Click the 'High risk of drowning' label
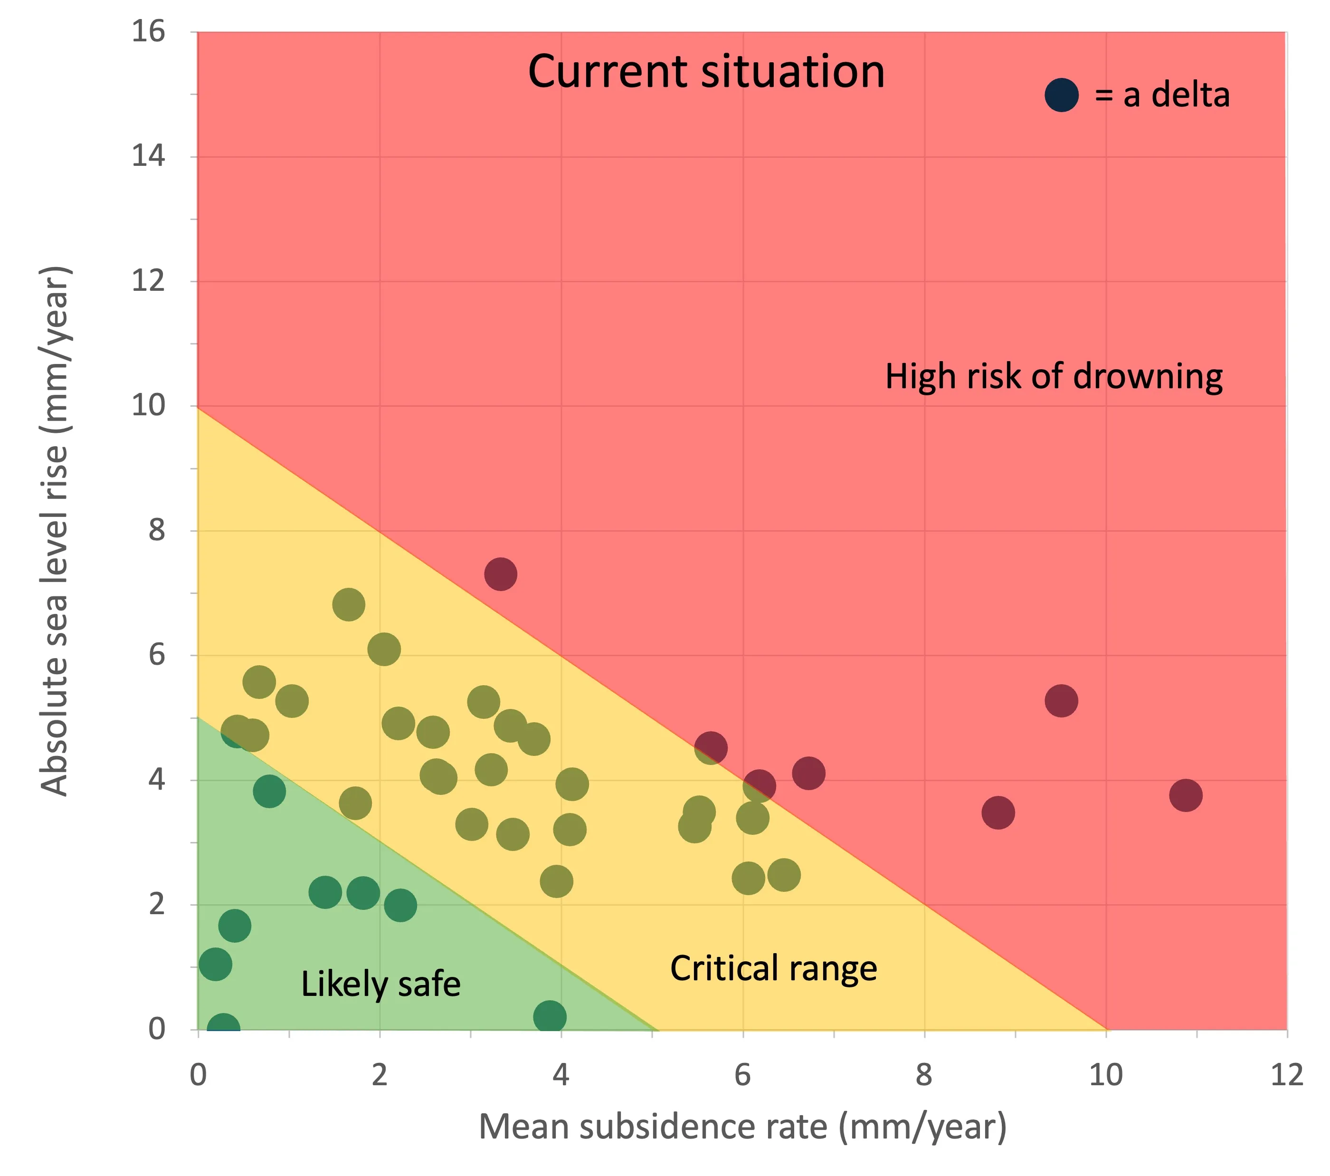click(1054, 377)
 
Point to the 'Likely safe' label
click(380, 984)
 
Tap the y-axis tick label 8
click(157, 530)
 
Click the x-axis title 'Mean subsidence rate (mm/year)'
click(742, 1127)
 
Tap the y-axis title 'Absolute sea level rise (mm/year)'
click(55, 530)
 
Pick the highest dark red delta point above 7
click(500, 574)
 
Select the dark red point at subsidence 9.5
click(1061, 701)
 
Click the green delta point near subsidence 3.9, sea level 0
click(550, 1016)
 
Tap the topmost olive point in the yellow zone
click(349, 604)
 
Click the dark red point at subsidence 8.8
click(997, 812)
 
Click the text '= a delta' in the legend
click(1162, 95)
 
